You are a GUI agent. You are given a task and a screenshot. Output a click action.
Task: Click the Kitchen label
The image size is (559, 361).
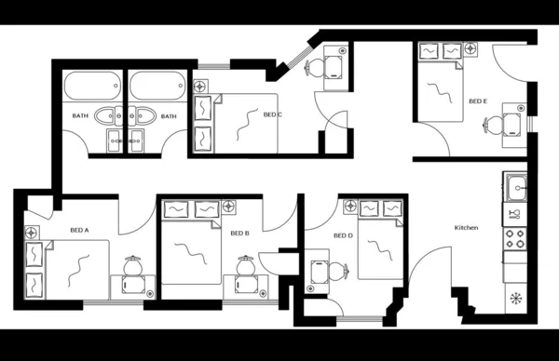pos(466,228)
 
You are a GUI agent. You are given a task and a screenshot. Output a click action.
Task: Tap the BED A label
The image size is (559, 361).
pos(79,229)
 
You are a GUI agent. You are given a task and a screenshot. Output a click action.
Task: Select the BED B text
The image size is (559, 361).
pos(239,233)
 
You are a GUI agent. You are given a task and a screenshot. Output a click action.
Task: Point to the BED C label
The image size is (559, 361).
pos(273,114)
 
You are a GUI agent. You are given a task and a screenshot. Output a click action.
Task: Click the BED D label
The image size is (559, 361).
pos(344,235)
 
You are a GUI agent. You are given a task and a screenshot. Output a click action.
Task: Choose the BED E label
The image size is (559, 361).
pos(477,100)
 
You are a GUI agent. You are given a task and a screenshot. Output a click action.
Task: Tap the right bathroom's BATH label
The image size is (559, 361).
pos(169,116)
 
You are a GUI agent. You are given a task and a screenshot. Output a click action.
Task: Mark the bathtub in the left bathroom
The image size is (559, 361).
pos(91,88)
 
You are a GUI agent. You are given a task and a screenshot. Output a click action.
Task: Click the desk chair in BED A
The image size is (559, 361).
pos(132,265)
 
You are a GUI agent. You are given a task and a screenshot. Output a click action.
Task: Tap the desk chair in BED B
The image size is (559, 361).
pos(246,266)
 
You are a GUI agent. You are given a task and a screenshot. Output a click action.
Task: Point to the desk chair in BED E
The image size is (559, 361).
pos(511,122)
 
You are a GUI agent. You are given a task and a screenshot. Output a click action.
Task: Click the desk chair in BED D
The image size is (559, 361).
pos(337,271)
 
